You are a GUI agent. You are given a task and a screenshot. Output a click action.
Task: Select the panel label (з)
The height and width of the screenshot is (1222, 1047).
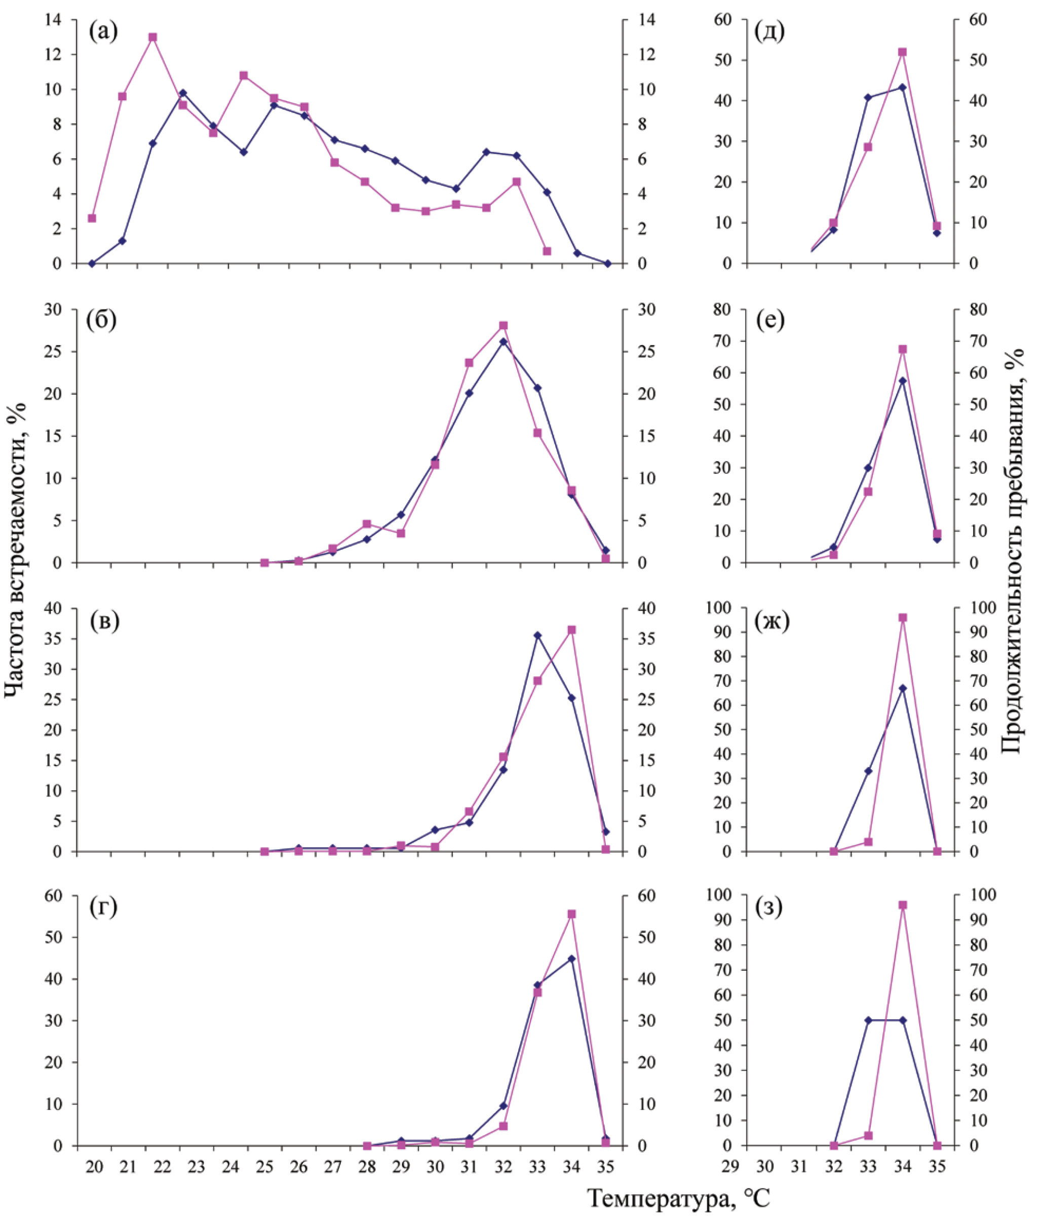(x=768, y=908)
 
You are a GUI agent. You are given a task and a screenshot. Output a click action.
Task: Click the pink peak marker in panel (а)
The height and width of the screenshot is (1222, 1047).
(x=152, y=37)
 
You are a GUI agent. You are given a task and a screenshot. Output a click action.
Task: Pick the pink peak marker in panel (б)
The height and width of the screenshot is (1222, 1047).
(x=503, y=326)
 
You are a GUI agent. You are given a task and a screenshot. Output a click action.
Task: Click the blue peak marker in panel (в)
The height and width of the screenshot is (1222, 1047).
(x=537, y=635)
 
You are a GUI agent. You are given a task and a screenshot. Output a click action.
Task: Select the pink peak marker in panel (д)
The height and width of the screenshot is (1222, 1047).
(x=902, y=52)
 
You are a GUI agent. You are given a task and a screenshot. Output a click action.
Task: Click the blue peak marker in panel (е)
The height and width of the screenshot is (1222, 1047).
(x=902, y=381)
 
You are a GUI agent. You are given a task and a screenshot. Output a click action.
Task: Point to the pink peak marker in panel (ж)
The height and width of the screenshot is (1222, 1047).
(x=902, y=618)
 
